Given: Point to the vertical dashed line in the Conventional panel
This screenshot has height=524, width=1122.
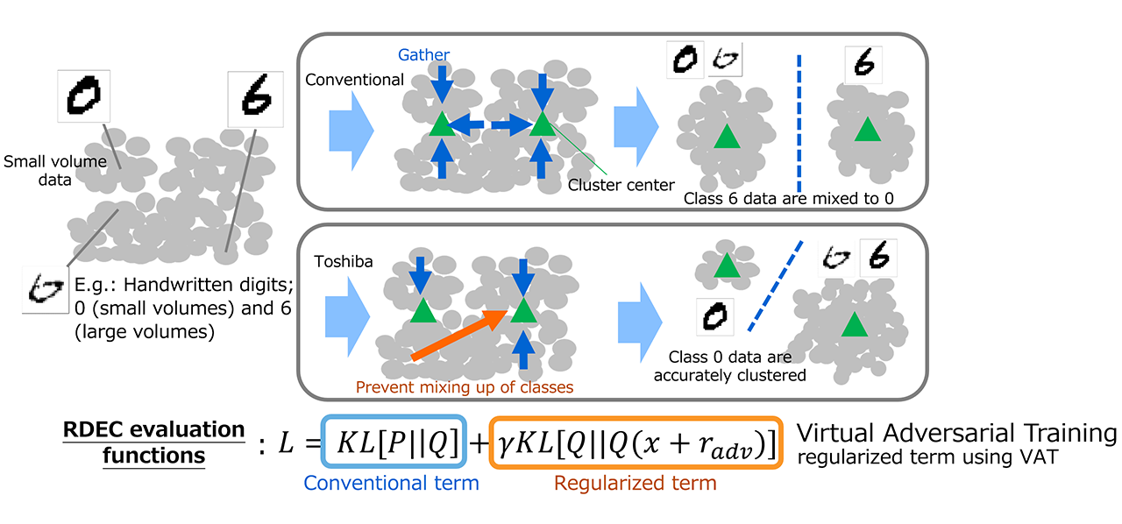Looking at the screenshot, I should click(799, 123).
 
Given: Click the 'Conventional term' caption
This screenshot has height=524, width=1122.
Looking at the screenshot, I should click(392, 483).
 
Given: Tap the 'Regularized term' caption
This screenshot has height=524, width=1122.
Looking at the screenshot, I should click(635, 483).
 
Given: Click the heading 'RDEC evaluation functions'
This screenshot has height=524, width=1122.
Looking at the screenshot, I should click(154, 443).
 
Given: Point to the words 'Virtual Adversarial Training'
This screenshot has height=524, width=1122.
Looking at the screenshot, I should click(956, 433).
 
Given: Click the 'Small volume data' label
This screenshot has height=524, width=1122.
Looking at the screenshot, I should click(54, 170).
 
